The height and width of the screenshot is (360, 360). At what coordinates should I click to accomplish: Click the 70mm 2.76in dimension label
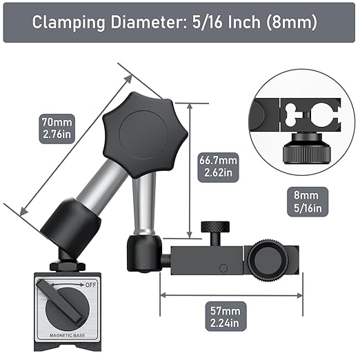pos(57,128)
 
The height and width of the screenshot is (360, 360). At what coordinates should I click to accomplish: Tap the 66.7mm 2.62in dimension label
pos(218,167)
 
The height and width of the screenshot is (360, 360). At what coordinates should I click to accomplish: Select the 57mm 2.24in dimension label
pos(226,317)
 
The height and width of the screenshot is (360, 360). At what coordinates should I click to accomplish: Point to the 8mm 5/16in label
pos(308,201)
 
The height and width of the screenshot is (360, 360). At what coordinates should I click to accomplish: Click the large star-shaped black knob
pos(146,135)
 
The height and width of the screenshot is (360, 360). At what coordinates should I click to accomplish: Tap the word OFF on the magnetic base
pos(90,285)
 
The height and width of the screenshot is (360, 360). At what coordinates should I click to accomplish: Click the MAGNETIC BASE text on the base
pos(68,335)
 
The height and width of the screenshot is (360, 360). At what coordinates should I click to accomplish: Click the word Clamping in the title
pos(68,23)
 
